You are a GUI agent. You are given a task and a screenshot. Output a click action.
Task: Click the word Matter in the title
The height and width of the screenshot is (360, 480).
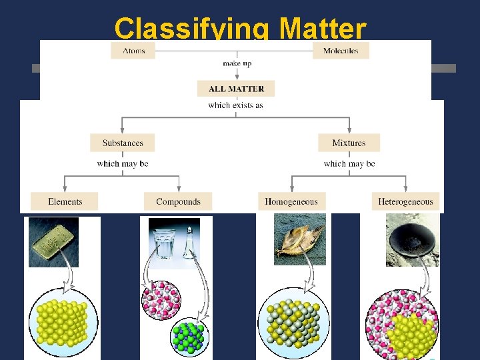click(323, 29)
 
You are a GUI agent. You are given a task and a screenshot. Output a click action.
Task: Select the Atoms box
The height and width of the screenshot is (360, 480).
click(133, 51)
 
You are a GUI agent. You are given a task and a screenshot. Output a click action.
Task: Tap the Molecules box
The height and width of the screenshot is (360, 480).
click(341, 51)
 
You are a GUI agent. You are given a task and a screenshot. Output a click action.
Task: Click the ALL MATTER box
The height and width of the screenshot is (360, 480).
click(236, 89)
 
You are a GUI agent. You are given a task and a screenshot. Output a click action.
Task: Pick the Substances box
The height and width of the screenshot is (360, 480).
click(123, 143)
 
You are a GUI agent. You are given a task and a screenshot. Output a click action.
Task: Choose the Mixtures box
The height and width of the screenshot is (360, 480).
click(349, 143)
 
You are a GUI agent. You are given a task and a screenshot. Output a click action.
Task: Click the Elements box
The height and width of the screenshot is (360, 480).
click(65, 201)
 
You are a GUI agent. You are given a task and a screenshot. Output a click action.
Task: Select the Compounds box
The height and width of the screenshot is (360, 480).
click(178, 201)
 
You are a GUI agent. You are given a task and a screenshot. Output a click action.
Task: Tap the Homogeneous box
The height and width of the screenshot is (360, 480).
click(291, 201)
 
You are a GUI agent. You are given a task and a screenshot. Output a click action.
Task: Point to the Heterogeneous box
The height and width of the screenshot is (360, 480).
click(405, 201)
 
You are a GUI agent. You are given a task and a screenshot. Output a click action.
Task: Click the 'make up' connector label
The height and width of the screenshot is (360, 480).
click(236, 64)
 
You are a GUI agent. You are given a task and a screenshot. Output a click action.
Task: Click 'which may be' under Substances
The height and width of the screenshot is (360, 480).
click(123, 163)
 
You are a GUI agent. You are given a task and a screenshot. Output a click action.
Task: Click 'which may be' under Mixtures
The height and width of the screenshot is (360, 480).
click(349, 163)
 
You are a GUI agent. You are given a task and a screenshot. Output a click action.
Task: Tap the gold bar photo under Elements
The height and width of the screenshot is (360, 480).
click(53, 241)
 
